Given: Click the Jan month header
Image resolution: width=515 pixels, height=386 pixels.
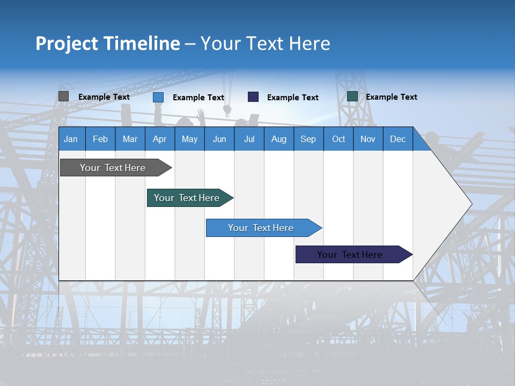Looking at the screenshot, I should pos(71,139).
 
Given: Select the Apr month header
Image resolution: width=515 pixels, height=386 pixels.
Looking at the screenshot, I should pos(159,139).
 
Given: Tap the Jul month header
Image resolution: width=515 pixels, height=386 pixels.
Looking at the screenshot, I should pos(249,139).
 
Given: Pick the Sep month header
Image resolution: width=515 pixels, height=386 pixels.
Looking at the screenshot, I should pos(308,139).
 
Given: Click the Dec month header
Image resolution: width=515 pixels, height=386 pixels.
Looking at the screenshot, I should pos(398,139).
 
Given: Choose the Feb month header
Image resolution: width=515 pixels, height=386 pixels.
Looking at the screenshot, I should pos(100,139).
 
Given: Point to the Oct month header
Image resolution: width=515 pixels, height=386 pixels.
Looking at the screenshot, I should pos(339,139).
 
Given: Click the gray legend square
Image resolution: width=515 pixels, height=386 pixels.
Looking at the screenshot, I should pos(63,96).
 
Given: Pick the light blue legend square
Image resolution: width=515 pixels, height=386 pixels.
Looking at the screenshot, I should pos(158,97).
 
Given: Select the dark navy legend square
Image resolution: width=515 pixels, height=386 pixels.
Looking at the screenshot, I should pos(253,96).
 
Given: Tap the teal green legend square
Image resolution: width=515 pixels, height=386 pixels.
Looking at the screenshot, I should pos(352,96).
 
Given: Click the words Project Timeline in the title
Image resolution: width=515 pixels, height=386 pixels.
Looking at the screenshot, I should pos(107,43).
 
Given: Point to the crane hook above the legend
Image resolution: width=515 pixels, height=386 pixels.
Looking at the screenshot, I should pos(227,111).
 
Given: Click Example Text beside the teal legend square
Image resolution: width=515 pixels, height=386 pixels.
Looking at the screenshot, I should pos(391,97).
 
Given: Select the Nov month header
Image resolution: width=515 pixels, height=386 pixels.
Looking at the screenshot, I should pos(368,139).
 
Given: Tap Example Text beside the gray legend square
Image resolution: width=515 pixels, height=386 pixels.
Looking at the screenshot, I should pos(104,97).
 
